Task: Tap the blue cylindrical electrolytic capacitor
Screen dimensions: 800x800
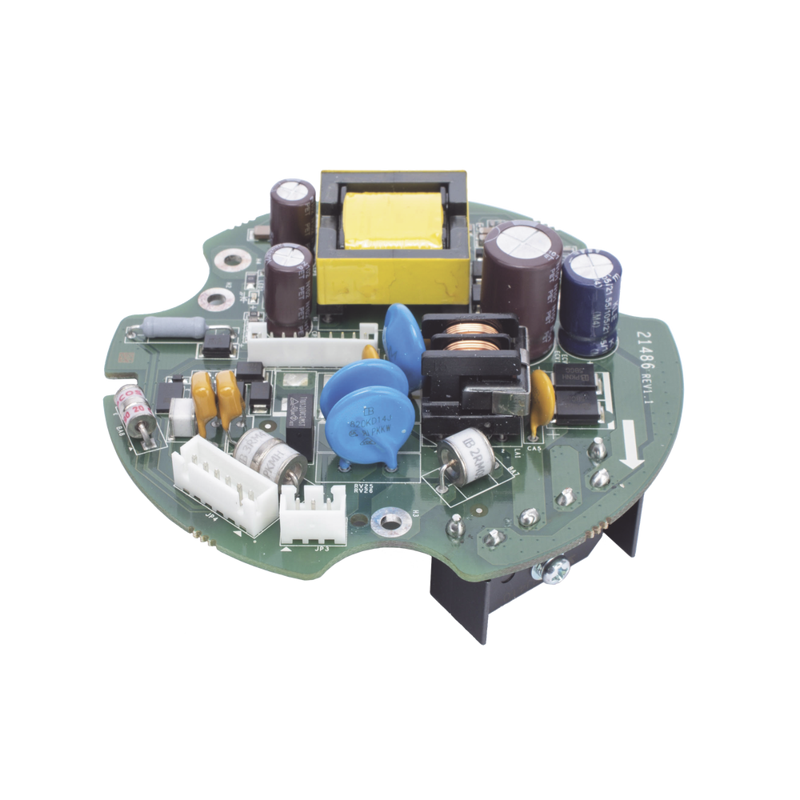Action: coord(593,300)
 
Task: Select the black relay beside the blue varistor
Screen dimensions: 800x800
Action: coord(298,431)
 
